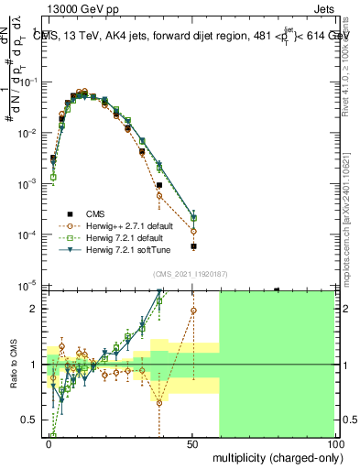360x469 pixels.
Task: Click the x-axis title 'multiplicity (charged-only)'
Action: [x=274, y=455]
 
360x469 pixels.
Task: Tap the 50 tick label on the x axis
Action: [x=193, y=442]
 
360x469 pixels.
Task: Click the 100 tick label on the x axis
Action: [x=335, y=442]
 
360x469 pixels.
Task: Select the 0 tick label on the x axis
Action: [x=49, y=442]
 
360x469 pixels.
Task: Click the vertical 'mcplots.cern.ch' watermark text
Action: [x=351, y=183]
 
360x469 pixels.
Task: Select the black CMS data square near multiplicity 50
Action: [x=193, y=246]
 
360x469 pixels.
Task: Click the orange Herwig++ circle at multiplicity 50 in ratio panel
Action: [x=193, y=311]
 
